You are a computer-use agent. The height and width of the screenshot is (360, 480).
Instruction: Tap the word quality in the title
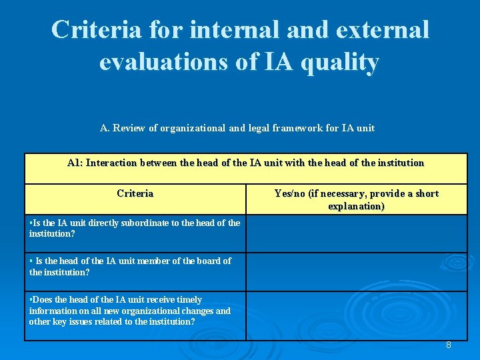(341, 62)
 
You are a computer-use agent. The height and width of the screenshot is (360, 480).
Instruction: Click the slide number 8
(449, 345)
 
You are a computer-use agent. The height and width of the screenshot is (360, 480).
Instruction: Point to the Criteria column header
(135, 193)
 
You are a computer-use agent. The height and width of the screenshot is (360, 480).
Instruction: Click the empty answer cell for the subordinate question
(356, 233)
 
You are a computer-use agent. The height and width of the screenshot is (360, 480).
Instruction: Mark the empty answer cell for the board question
(356, 271)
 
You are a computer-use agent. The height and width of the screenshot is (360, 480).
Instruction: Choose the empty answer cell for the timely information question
(356, 315)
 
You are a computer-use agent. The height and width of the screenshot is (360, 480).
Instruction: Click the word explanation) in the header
(356, 206)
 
